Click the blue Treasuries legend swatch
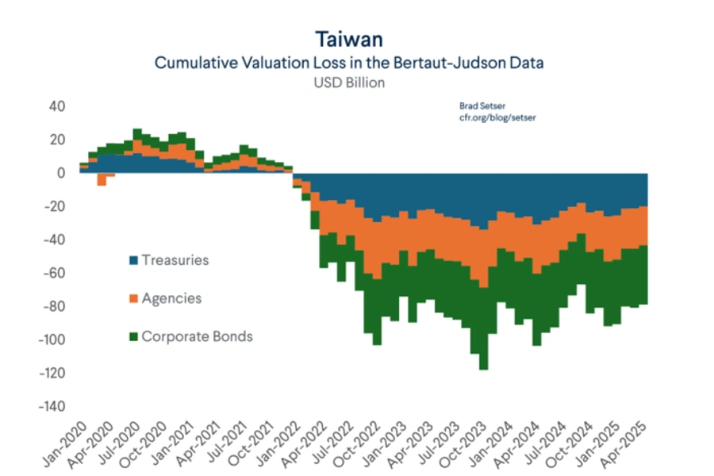pyautogui.click(x=133, y=260)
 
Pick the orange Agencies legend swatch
pyautogui.click(x=133, y=298)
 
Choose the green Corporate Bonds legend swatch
pyautogui.click(x=133, y=336)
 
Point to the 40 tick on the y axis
pyautogui.click(x=56, y=106)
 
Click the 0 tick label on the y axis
pyautogui.click(x=60, y=173)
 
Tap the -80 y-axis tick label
pyautogui.click(x=53, y=307)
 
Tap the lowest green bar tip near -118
pyautogui.click(x=483, y=368)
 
